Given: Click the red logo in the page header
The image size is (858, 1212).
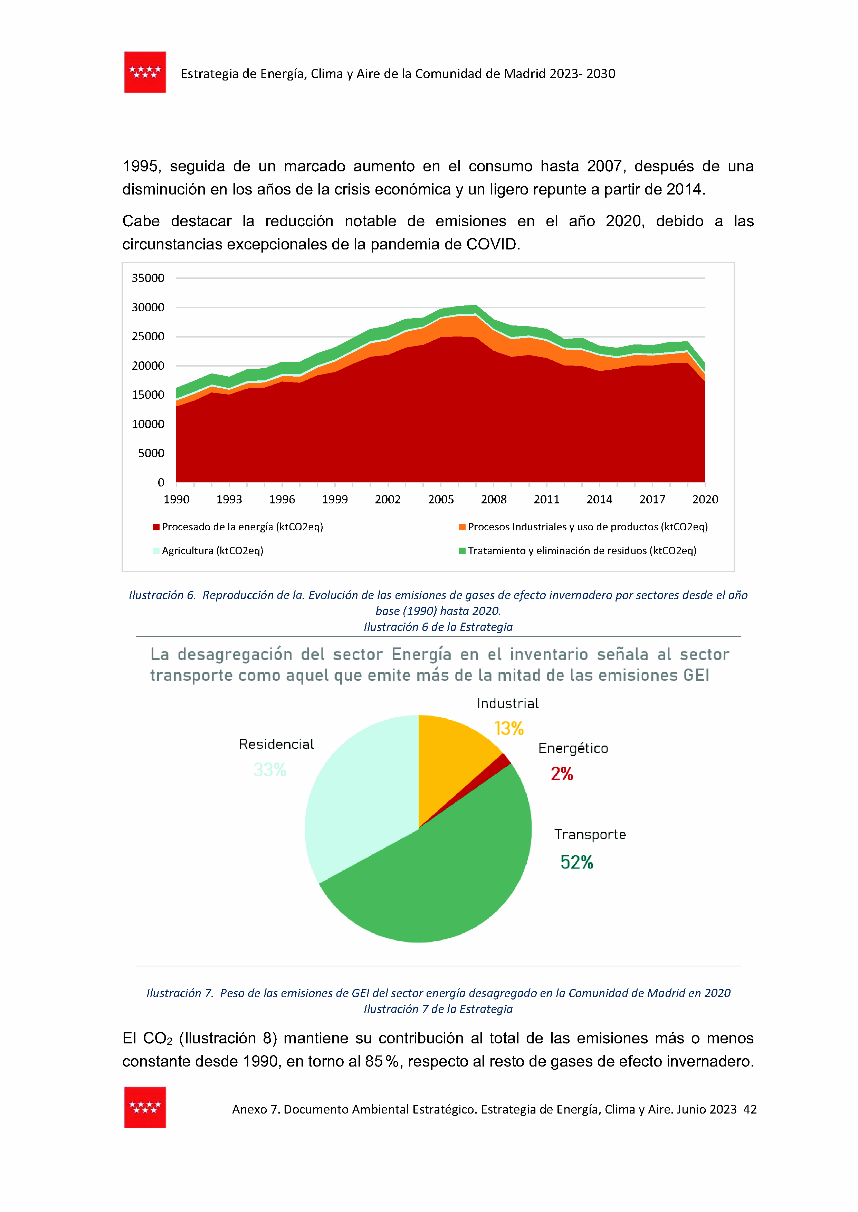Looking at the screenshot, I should pyautogui.click(x=145, y=73).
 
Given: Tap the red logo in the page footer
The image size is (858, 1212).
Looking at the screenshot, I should pyautogui.click(x=145, y=1107).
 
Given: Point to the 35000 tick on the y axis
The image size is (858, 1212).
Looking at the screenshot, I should pyautogui.click(x=148, y=278).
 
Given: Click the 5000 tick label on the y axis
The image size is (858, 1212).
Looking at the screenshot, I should pyautogui.click(x=151, y=453).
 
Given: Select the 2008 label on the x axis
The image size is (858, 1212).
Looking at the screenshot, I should pyautogui.click(x=494, y=499).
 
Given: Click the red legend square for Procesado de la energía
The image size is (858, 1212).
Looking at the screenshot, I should pyautogui.click(x=156, y=527).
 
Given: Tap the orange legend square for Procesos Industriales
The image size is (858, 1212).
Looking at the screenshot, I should pyautogui.click(x=462, y=527).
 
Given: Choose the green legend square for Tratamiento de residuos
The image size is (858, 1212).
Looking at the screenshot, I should pyautogui.click(x=462, y=550).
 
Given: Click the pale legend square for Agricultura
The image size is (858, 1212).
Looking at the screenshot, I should pyautogui.click(x=156, y=550).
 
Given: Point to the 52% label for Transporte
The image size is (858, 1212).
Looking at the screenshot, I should pyautogui.click(x=576, y=862).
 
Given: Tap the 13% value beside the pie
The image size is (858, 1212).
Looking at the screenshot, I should pyautogui.click(x=509, y=729).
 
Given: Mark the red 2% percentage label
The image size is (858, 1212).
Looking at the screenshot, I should pyautogui.click(x=562, y=774).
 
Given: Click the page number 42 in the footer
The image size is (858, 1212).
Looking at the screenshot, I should pyautogui.click(x=750, y=1109).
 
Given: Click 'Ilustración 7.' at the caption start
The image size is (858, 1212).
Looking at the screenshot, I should pyautogui.click(x=180, y=993).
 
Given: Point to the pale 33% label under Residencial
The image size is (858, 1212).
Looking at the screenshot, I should pyautogui.click(x=270, y=770).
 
